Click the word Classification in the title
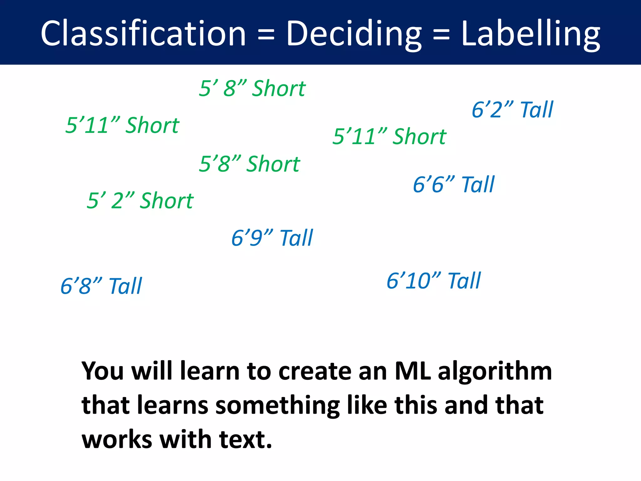pyautogui.click(x=143, y=34)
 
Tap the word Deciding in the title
pyautogui.click(x=354, y=34)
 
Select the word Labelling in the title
pyautogui.click(x=531, y=34)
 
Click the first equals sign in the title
pyautogui.click(x=266, y=34)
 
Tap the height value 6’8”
pyautogui.click(x=81, y=286)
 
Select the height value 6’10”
pyautogui.click(x=414, y=281)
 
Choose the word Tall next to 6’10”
pyautogui.click(x=464, y=281)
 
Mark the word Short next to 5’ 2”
pyautogui.click(x=167, y=201)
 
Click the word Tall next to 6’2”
pyautogui.click(x=537, y=110)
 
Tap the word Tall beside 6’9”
pyautogui.click(x=296, y=238)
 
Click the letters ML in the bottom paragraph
pyautogui.click(x=413, y=371)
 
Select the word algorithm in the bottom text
pyautogui.click(x=495, y=371)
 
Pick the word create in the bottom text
pyautogui.click(x=315, y=371)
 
